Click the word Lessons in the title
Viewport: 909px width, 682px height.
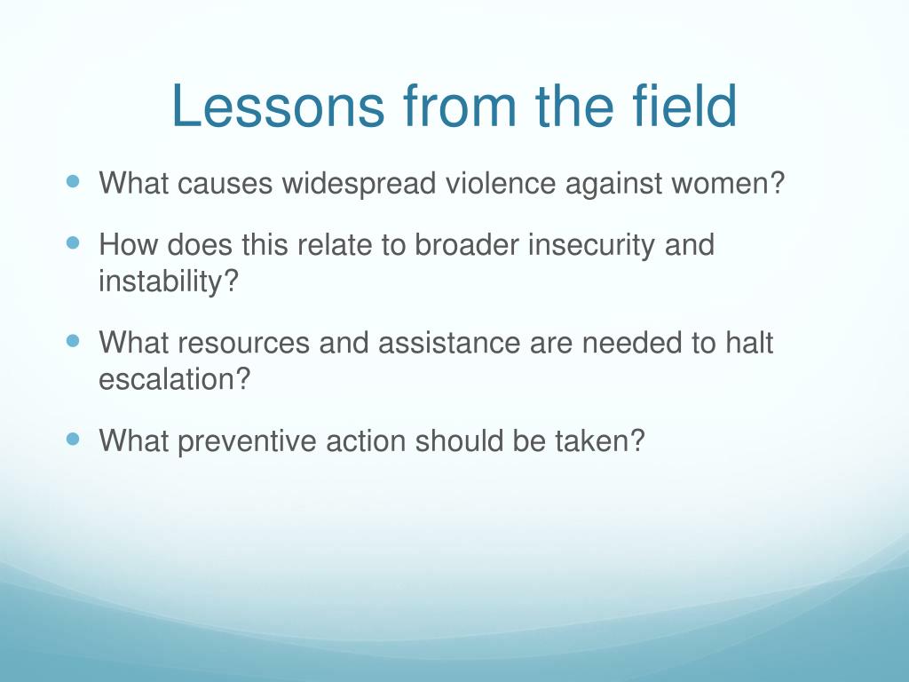tap(278, 106)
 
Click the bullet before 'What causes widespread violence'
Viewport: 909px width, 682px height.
tap(73, 181)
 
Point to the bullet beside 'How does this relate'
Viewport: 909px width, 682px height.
tap(73, 242)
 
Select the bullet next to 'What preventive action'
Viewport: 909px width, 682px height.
tap(73, 439)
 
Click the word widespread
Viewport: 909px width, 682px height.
tap(359, 184)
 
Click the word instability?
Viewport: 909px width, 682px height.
tap(169, 282)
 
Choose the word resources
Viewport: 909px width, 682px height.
tap(243, 343)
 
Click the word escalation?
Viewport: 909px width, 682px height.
tap(175, 379)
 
